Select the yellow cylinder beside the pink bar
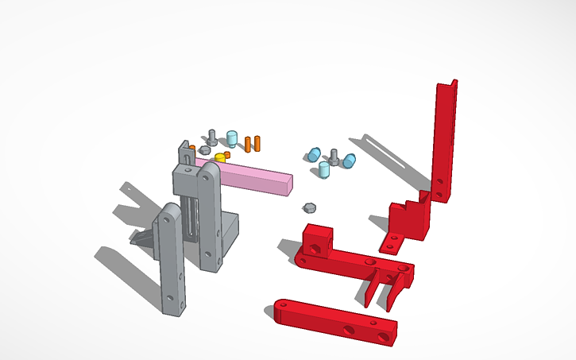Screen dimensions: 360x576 click(220, 157)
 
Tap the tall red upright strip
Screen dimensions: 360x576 click(443, 139)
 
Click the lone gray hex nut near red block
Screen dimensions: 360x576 click(309, 208)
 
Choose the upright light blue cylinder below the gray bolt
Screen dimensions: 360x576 click(324, 169)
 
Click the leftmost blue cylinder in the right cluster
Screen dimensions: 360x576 click(315, 153)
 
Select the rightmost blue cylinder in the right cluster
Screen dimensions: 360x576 click(349, 161)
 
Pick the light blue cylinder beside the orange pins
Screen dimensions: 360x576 click(233, 138)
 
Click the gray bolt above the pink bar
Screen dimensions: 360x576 click(212, 136)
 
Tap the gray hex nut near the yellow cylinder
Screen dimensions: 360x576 click(205, 149)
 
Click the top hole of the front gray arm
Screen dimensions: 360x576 click(169, 215)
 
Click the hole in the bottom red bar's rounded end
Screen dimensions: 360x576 click(284, 304)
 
